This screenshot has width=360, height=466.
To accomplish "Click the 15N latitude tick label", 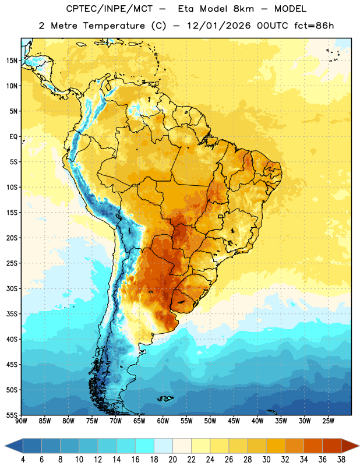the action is click(x=12, y=61).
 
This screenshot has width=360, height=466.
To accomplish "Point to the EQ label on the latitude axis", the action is click(x=13, y=137).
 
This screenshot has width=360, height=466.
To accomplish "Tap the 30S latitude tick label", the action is click(x=12, y=288).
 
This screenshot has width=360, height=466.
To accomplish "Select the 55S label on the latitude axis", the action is click(x=12, y=415).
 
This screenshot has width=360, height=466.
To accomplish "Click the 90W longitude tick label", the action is click(x=21, y=421).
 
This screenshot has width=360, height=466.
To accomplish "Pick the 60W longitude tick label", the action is click(x=163, y=421).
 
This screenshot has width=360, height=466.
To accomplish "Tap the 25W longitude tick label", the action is click(x=328, y=421).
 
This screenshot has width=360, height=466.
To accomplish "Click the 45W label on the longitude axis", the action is click(x=234, y=421).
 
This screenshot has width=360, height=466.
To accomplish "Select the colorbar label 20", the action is click(x=172, y=460).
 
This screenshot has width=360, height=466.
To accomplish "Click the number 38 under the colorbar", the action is click(x=341, y=460).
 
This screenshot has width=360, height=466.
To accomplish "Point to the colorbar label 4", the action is click(x=23, y=460).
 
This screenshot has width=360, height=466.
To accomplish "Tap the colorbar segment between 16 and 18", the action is click(x=145, y=446).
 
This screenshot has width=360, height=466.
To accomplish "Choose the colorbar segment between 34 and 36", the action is click(x=313, y=446).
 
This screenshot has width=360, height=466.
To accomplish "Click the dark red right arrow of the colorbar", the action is click(x=350, y=446).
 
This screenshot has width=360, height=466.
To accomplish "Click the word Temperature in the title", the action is click(x=114, y=26).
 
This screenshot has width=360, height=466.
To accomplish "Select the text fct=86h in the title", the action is click(x=314, y=26).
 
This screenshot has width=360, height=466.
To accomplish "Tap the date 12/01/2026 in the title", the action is click(x=219, y=26).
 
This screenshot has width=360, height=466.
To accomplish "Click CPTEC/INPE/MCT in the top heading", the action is click(x=109, y=9).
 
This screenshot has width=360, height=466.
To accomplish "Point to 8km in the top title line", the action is click(x=243, y=9).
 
